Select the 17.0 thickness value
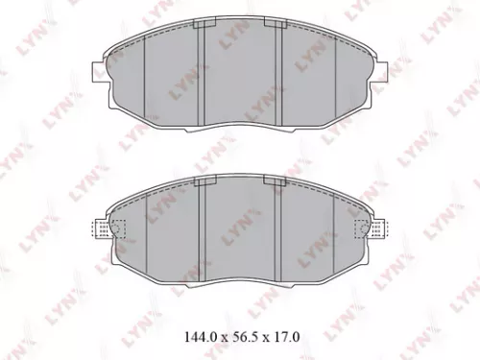tap(286, 337)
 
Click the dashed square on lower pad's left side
tap(118, 228)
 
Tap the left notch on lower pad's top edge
tap(199, 182)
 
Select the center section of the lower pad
tap(237, 235)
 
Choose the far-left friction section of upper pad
tap(123, 82)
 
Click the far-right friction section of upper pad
tap(352, 82)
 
